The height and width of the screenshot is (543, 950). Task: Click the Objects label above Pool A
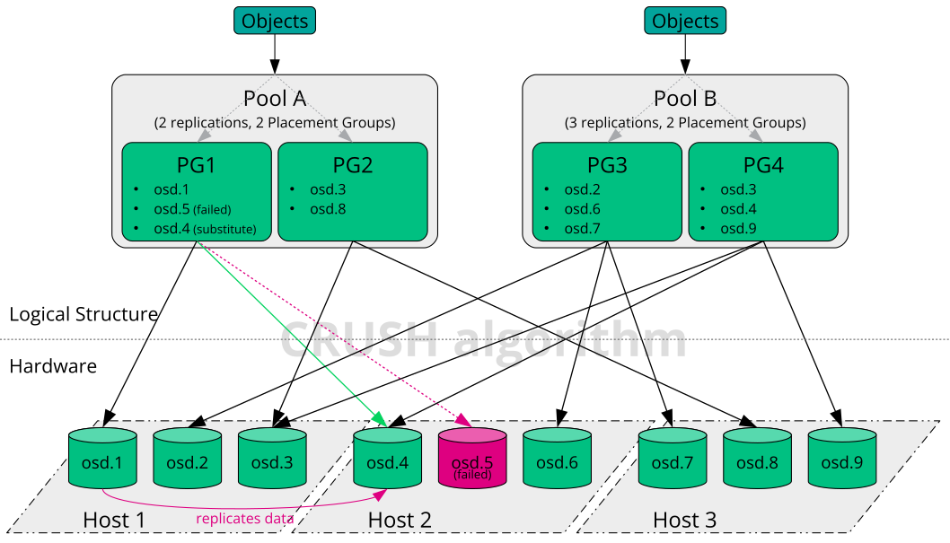[275, 21]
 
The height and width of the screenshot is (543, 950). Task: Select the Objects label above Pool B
[685, 21]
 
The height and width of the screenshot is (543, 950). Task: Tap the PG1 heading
[196, 165]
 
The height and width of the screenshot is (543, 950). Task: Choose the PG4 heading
[762, 165]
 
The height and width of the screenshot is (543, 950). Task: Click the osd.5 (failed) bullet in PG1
[192, 209]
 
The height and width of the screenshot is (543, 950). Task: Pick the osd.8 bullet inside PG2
[328, 209]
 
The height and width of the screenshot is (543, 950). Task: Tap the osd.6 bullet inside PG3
[582, 209]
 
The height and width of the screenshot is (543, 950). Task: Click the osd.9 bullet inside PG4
[738, 229]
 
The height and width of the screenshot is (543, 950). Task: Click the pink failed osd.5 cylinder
[472, 459]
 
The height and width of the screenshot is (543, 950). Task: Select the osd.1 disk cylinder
[103, 459]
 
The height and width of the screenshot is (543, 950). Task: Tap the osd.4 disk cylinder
[388, 459]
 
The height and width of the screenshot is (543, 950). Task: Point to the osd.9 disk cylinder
[842, 459]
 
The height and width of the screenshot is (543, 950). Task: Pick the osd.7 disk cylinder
[673, 459]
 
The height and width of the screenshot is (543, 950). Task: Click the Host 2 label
[400, 520]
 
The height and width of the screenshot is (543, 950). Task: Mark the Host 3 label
[684, 520]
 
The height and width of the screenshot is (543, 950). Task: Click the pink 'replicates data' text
[245, 518]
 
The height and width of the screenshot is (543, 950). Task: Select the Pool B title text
[685, 99]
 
